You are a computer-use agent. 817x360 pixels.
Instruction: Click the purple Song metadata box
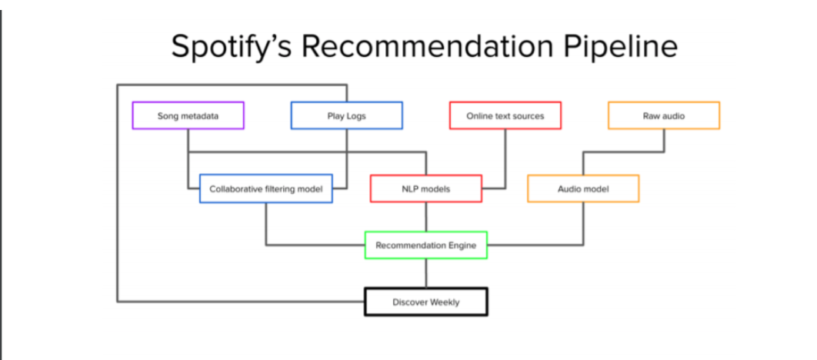coord(188,115)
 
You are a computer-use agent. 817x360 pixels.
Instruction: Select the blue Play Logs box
coord(346,115)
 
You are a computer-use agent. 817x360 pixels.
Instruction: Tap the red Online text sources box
coord(505,115)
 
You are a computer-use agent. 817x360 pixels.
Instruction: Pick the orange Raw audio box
coord(663,115)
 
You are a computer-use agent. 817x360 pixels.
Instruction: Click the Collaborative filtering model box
coord(265,188)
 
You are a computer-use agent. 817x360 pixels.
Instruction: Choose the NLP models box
coord(425,188)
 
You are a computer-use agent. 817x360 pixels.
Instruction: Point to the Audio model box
coord(583,188)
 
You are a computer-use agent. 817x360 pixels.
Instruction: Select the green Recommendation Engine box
coord(425,245)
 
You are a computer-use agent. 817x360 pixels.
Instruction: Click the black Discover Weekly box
coord(425,302)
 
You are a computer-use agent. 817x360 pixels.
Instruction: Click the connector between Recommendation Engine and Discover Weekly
coord(425,273)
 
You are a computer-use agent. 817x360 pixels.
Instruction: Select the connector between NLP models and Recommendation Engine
coord(425,217)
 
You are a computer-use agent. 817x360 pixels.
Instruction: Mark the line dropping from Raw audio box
coord(664,141)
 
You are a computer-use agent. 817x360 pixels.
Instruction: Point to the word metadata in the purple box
coord(200,116)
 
